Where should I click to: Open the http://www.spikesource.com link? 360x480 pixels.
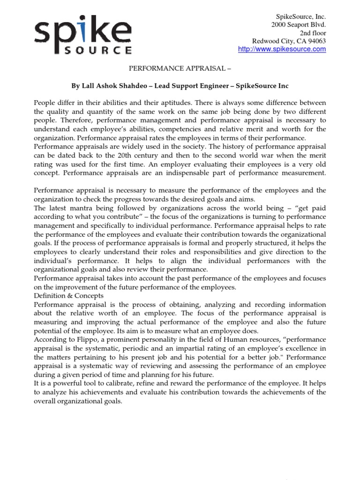pos(282,50)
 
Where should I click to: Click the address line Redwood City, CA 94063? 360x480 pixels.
pos(289,41)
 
